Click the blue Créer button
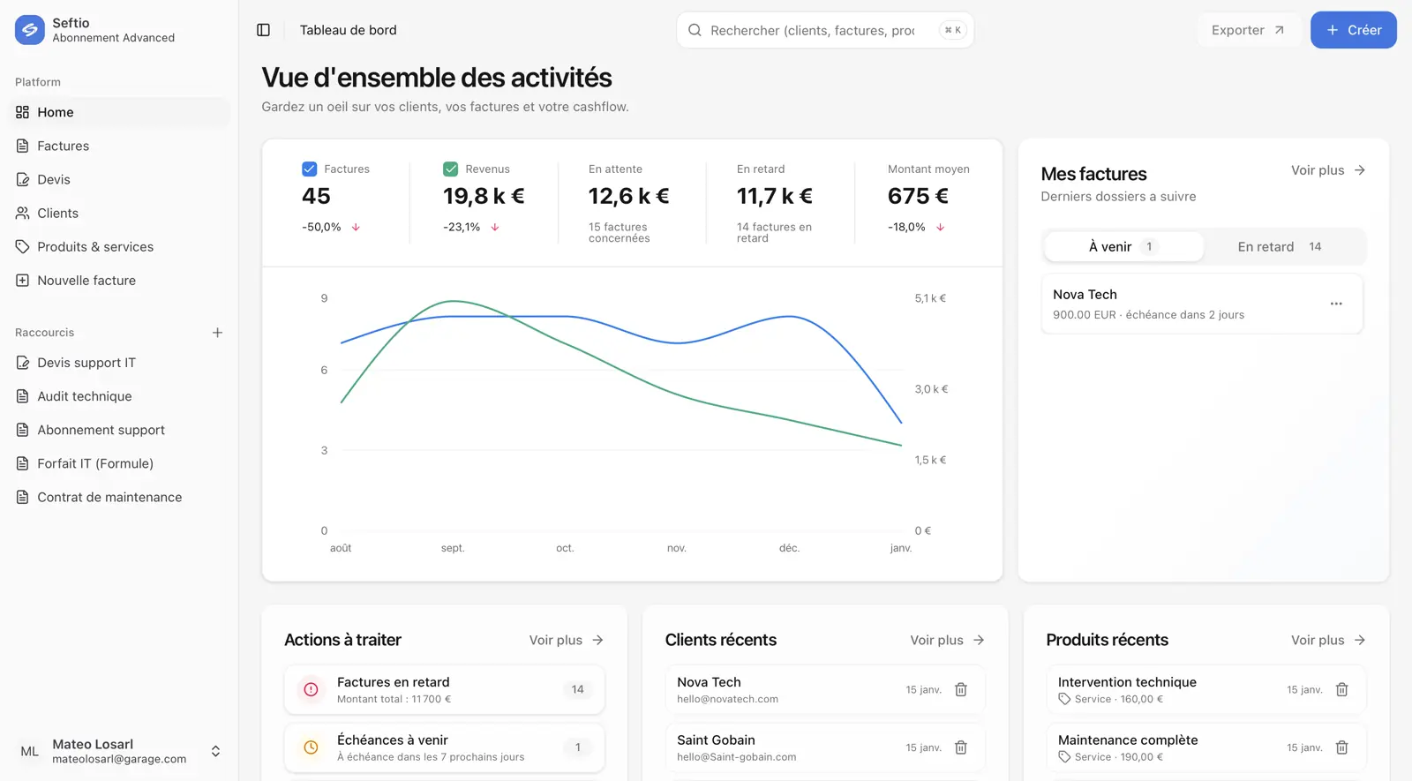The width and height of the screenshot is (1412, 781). pyautogui.click(x=1353, y=30)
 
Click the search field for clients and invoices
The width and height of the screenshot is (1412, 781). pyautogui.click(x=812, y=30)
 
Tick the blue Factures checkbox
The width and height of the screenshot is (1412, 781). pyautogui.click(x=309, y=169)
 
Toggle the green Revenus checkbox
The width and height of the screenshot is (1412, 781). pyautogui.click(x=450, y=169)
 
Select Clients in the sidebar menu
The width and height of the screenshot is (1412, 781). pyautogui.click(x=57, y=214)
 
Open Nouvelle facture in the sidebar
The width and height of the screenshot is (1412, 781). pyautogui.click(x=86, y=281)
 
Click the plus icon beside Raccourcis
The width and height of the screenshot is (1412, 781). pyautogui.click(x=217, y=333)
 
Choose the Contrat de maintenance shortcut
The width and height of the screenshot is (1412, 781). pyautogui.click(x=109, y=498)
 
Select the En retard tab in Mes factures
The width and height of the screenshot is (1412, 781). pyautogui.click(x=1279, y=247)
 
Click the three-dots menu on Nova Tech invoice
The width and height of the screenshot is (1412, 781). pyautogui.click(x=1336, y=304)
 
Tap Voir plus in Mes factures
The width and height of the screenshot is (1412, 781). pyautogui.click(x=1327, y=170)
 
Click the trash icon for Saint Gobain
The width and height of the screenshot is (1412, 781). pyautogui.click(x=961, y=747)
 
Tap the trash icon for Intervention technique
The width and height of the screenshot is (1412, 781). pyautogui.click(x=1341, y=689)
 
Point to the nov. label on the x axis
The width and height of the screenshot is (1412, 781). pyautogui.click(x=677, y=548)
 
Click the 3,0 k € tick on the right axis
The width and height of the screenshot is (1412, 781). pyautogui.click(x=931, y=389)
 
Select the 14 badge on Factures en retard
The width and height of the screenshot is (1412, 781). pyautogui.click(x=577, y=689)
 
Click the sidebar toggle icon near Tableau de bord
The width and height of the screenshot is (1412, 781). pyautogui.click(x=263, y=30)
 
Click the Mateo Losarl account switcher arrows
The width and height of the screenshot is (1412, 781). pyautogui.click(x=215, y=751)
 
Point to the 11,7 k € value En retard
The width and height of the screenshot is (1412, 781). pyautogui.click(x=774, y=196)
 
